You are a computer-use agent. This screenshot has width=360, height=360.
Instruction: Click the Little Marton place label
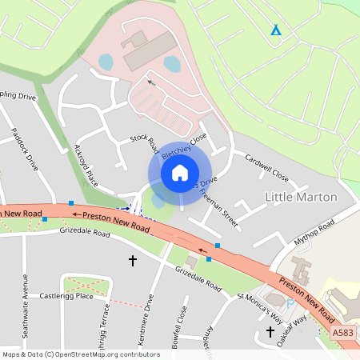pyautogui.click(x=301, y=197)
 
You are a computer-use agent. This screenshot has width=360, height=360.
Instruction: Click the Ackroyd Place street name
pyautogui.click(x=86, y=165)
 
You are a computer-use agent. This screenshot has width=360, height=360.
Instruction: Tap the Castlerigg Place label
pyautogui.click(x=67, y=296)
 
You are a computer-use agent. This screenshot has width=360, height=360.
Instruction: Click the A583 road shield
pyautogui.click(x=343, y=333)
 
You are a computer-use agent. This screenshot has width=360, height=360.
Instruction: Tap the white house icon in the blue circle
pyautogui.click(x=180, y=172)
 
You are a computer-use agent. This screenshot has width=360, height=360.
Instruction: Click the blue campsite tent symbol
pyautogui.click(x=276, y=30)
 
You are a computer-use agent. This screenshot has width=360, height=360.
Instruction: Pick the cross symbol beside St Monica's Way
pyautogui.click(x=270, y=331)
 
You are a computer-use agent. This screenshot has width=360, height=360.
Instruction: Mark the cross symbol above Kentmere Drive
pyautogui.click(x=133, y=261)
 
